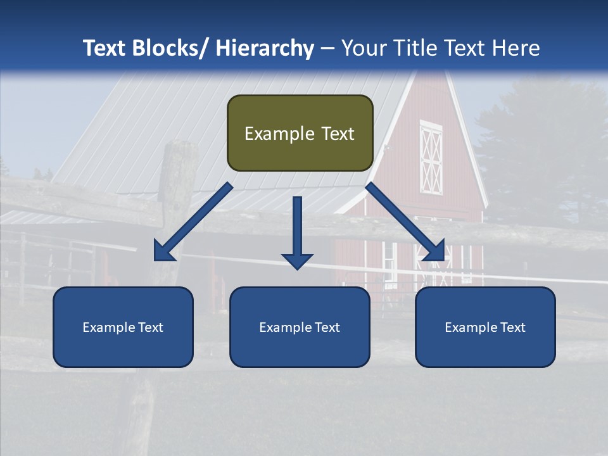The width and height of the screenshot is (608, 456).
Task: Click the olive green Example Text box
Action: click(x=300, y=133)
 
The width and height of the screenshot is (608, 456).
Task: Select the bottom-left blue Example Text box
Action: click(x=123, y=327)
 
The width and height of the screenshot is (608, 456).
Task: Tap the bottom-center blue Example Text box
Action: click(x=300, y=327)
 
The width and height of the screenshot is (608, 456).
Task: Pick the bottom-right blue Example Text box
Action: click(x=485, y=327)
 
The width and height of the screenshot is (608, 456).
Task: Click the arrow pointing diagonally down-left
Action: click(x=193, y=222)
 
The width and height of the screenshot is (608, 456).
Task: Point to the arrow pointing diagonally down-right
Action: click(x=405, y=222)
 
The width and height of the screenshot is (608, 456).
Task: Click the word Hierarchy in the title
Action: click(x=264, y=48)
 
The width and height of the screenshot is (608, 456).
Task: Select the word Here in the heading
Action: click(x=517, y=48)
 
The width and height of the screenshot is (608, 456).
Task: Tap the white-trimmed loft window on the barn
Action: click(x=431, y=158)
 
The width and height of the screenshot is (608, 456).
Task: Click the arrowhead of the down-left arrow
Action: click(x=164, y=251)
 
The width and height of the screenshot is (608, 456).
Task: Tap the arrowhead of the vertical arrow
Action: click(x=297, y=260)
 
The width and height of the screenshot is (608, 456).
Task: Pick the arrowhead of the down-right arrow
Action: click(x=434, y=251)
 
